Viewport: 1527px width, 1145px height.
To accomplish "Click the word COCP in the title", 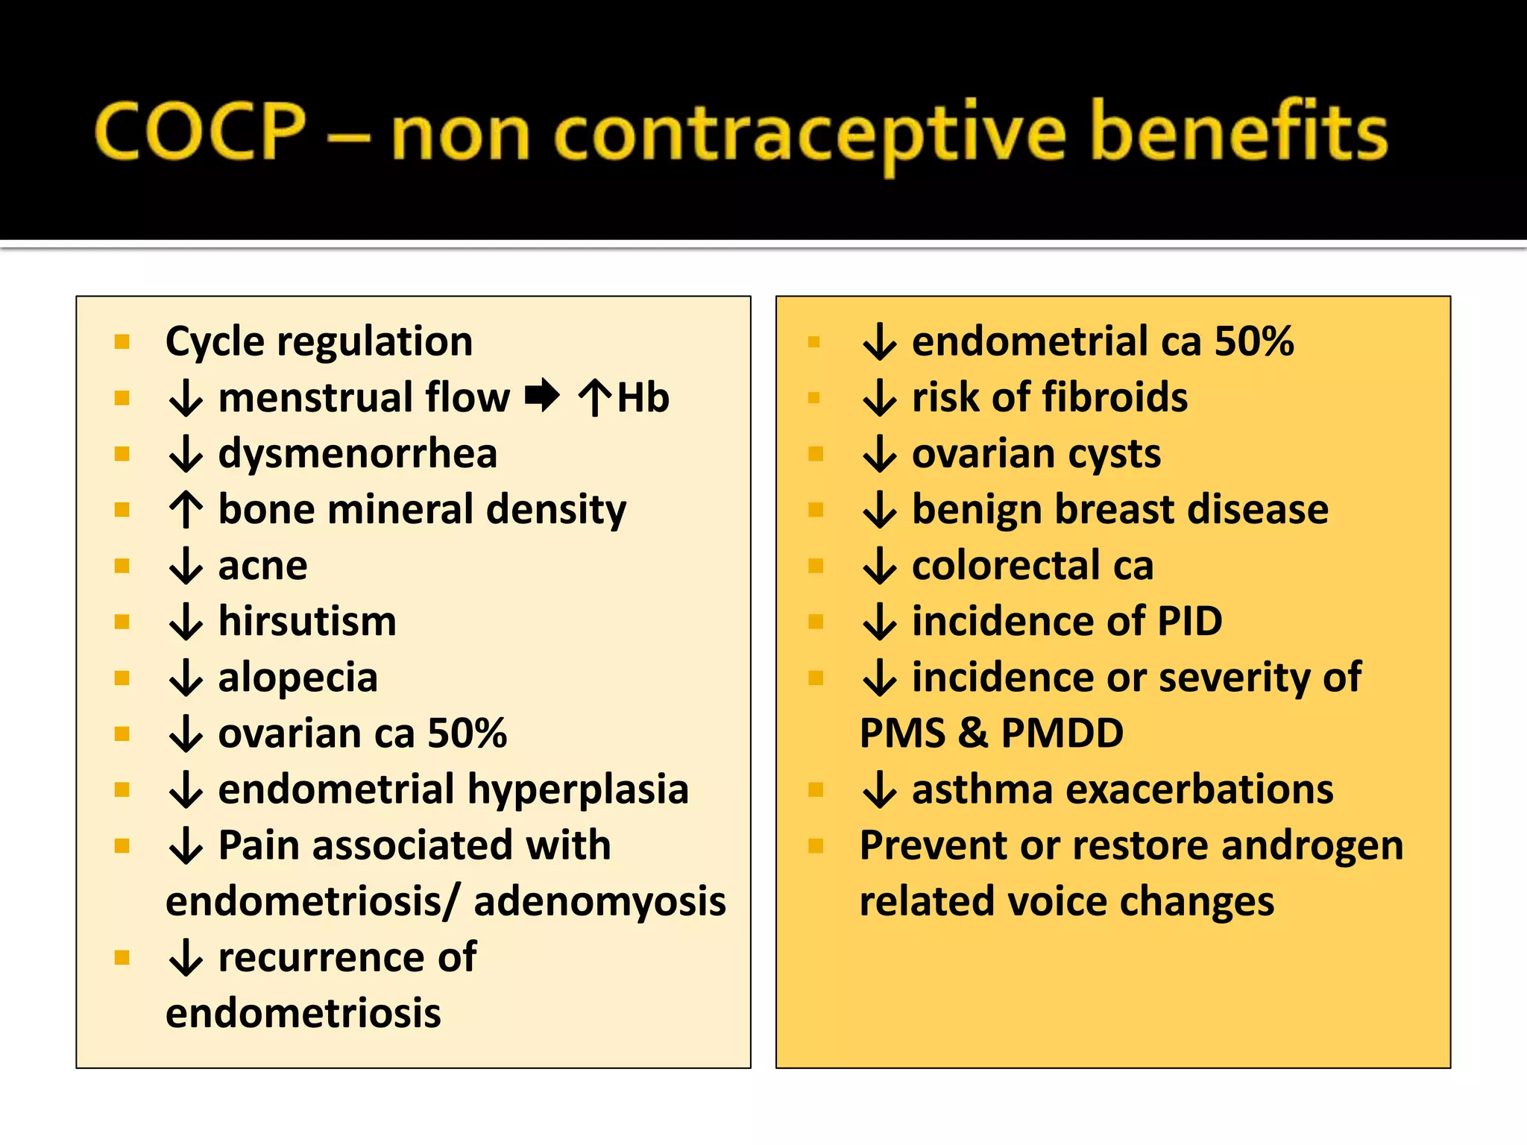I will (x=200, y=133).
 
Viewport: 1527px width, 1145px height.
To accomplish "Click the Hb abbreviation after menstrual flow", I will (x=643, y=397).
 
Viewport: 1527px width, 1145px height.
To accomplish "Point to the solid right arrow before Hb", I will (x=542, y=395).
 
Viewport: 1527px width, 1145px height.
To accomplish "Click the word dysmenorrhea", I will (x=357, y=453).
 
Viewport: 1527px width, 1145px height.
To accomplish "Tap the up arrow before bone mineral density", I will (x=186, y=510).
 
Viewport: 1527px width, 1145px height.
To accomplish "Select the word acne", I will (x=262, y=567).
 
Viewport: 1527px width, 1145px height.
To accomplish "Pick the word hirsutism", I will (x=307, y=622).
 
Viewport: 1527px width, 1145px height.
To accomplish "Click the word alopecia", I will (x=297, y=678).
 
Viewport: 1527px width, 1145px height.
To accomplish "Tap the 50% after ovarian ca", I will (x=467, y=734).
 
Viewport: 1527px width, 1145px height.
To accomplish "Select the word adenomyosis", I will (x=599, y=901).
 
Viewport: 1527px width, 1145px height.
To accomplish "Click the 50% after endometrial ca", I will (x=1254, y=341).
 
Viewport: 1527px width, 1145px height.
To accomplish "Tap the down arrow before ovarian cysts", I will (x=880, y=454).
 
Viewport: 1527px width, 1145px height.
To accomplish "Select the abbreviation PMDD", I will (x=1062, y=734).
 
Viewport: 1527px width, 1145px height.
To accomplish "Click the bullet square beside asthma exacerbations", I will (x=816, y=790).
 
